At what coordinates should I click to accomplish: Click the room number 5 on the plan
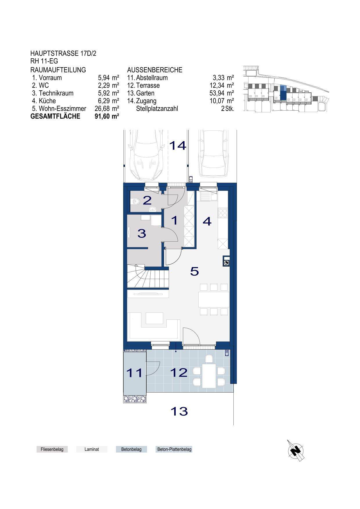tap(195, 271)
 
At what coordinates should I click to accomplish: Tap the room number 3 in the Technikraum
tap(142, 233)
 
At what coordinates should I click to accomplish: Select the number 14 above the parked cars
tap(177, 145)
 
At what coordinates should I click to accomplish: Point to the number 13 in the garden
tap(179, 411)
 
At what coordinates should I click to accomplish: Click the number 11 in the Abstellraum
tap(134, 373)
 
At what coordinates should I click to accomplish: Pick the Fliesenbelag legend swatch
tap(52, 449)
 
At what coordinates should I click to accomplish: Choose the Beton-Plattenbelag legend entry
tap(174, 449)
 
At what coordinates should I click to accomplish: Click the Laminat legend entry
tap(92, 449)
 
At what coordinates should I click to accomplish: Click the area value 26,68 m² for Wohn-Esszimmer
tap(107, 109)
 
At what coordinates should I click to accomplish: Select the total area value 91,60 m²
tap(107, 116)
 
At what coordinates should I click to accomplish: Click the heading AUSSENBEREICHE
tap(155, 70)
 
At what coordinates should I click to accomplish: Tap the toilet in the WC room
tap(135, 201)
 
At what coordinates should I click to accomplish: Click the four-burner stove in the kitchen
tap(223, 213)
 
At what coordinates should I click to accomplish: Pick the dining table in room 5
tap(214, 300)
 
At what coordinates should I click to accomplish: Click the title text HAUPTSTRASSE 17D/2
tap(63, 53)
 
